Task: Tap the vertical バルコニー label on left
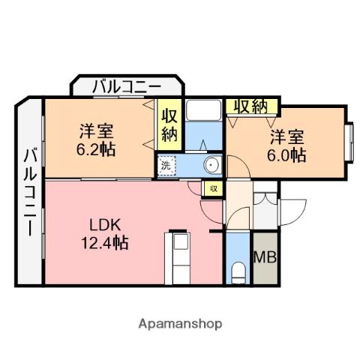click(x=30, y=191)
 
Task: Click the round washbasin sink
click(x=212, y=165)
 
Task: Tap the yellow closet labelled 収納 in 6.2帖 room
click(x=169, y=124)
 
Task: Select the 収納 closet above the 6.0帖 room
click(x=250, y=106)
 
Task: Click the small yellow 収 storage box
click(x=214, y=188)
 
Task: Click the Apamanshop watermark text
click(x=180, y=324)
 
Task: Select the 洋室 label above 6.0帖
click(x=287, y=137)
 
